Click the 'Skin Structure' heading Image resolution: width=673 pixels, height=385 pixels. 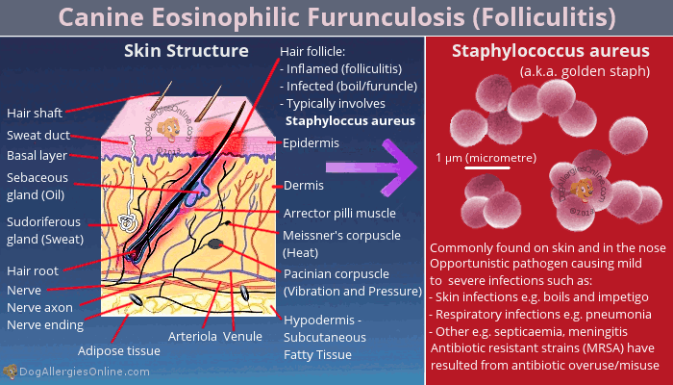point(187,51)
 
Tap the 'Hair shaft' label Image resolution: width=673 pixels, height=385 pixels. point(35,113)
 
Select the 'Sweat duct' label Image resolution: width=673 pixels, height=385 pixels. point(38,135)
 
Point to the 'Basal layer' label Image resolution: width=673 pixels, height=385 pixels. point(37,156)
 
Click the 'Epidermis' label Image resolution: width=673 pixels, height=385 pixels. point(311,143)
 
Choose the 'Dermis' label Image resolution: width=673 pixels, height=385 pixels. point(304,186)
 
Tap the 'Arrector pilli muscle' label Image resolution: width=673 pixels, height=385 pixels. point(339,213)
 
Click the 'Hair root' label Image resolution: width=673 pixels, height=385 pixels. point(33,271)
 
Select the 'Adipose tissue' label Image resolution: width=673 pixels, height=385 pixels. point(119,351)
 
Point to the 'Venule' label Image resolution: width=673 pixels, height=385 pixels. point(242,337)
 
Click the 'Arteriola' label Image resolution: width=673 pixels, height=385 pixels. point(192,337)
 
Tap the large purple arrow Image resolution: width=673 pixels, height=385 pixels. point(372,167)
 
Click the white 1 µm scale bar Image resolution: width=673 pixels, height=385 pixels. point(487,167)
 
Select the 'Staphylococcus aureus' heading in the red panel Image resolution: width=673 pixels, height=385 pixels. point(551,51)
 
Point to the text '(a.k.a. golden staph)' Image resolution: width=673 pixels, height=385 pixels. point(585,71)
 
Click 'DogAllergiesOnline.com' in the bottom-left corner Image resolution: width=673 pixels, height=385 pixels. point(85,372)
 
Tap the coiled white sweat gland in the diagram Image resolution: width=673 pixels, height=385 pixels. point(126,222)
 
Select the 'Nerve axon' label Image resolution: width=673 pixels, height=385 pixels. point(40,308)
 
